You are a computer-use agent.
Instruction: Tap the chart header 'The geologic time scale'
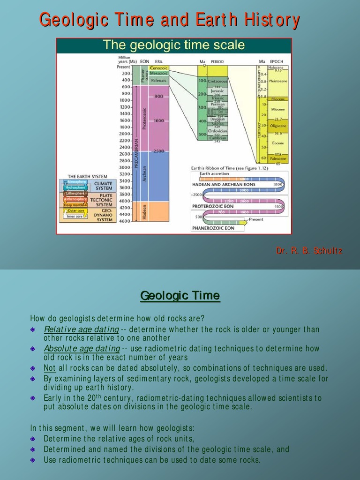[173, 45]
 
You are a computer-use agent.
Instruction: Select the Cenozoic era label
[158, 67]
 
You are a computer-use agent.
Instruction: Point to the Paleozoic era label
[158, 80]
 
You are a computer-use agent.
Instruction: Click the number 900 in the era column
[158, 96]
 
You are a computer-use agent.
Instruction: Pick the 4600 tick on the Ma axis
[124, 221]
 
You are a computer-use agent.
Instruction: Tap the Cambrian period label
[217, 138]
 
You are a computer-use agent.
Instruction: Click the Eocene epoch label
[278, 143]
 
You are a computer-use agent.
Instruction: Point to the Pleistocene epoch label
[278, 81]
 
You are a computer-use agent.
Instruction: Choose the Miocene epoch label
[278, 109]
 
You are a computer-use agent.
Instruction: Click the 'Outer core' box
[75, 211]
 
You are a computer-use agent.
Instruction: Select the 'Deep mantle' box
[75, 205]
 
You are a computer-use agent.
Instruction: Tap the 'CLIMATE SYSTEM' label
[103, 186]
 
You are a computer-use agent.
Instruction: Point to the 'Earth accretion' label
[214, 173]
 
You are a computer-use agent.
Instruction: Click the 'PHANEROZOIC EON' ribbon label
[213, 228]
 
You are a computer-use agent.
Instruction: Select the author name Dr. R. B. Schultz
[309, 251]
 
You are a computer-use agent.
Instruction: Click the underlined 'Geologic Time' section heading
[180, 296]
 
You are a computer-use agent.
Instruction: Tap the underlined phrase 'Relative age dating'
[81, 329]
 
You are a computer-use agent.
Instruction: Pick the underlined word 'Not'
[49, 368]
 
